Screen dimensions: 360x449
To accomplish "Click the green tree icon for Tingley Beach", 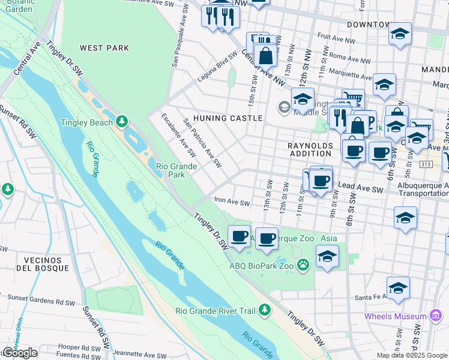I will point(122,122).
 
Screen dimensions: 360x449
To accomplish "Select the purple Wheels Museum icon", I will point(436,316).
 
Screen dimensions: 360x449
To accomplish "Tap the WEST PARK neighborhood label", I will point(100,48).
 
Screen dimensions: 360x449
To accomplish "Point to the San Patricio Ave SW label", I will point(203,143).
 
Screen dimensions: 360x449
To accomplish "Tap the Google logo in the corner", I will point(20,353).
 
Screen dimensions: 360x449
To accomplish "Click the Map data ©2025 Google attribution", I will point(411,355).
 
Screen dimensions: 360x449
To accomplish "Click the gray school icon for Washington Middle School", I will point(285,108).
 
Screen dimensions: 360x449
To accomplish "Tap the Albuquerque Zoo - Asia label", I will point(297,238).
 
